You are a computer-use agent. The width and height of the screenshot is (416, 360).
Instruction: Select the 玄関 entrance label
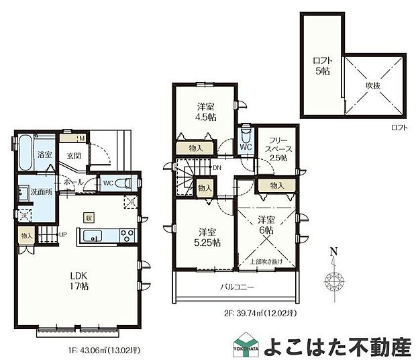click(x=74, y=156)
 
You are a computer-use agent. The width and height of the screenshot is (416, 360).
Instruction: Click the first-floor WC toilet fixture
click(x=121, y=183)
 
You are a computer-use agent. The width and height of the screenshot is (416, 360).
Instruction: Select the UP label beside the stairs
click(x=62, y=235)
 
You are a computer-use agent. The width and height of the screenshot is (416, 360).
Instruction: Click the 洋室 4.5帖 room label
click(x=206, y=111)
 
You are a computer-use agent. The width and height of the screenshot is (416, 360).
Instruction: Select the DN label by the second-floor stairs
click(x=217, y=168)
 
